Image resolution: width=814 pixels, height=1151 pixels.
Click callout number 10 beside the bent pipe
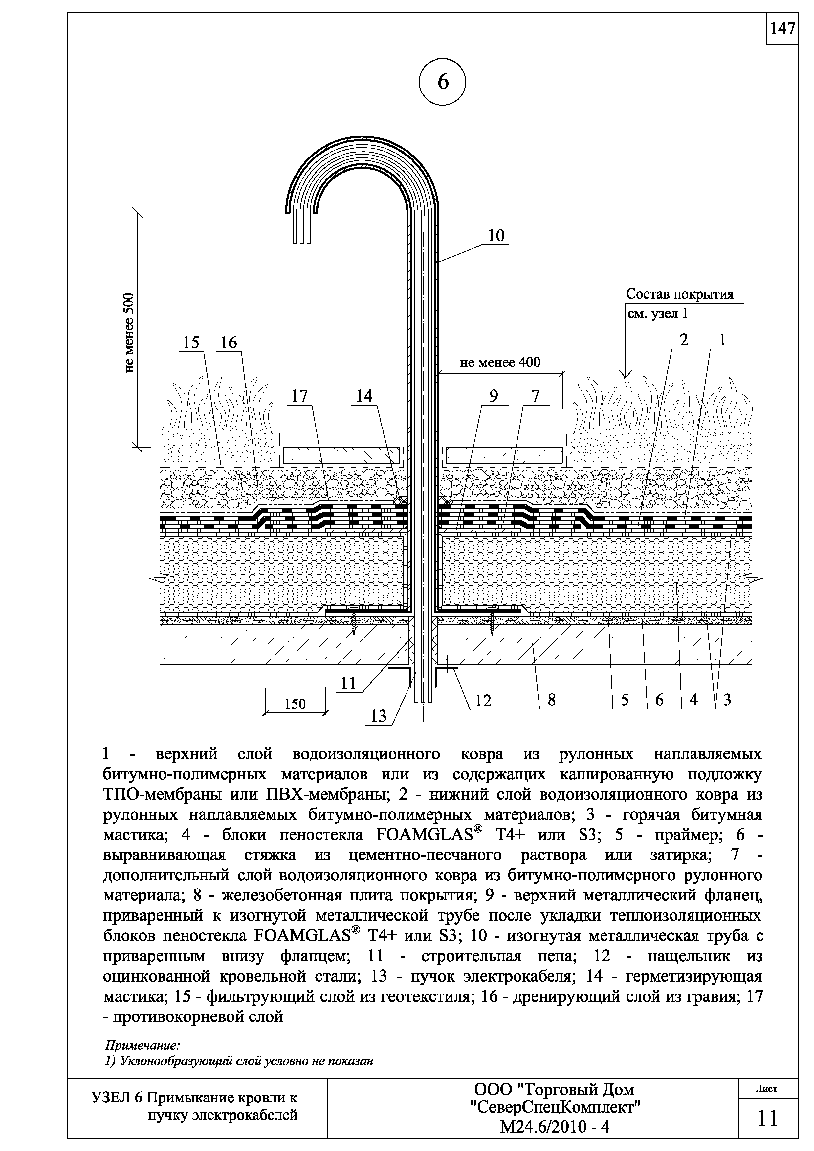tap(495, 236)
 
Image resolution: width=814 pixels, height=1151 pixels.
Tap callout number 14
tap(364, 397)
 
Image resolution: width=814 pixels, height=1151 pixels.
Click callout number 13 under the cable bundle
tap(379, 716)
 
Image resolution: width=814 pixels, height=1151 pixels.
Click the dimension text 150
tap(295, 704)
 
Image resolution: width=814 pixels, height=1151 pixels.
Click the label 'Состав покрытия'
tap(680, 294)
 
